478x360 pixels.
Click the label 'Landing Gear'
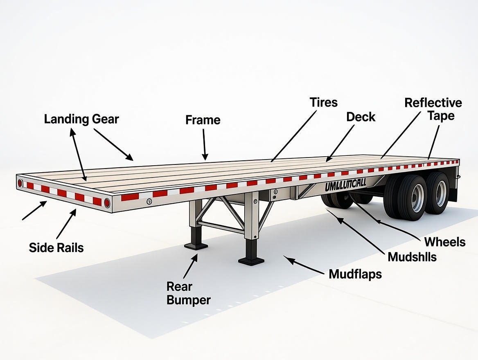(81, 119)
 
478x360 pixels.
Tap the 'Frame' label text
(203, 120)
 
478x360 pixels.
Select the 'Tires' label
(323, 102)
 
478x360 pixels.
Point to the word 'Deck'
(361, 117)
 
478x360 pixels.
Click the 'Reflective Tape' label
(433, 109)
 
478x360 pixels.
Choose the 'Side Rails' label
(56, 248)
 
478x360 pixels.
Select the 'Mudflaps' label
(355, 274)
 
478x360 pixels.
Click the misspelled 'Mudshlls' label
(412, 257)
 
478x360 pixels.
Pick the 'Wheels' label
(445, 242)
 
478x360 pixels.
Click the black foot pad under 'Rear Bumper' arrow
(196, 246)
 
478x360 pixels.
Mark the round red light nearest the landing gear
(107, 203)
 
